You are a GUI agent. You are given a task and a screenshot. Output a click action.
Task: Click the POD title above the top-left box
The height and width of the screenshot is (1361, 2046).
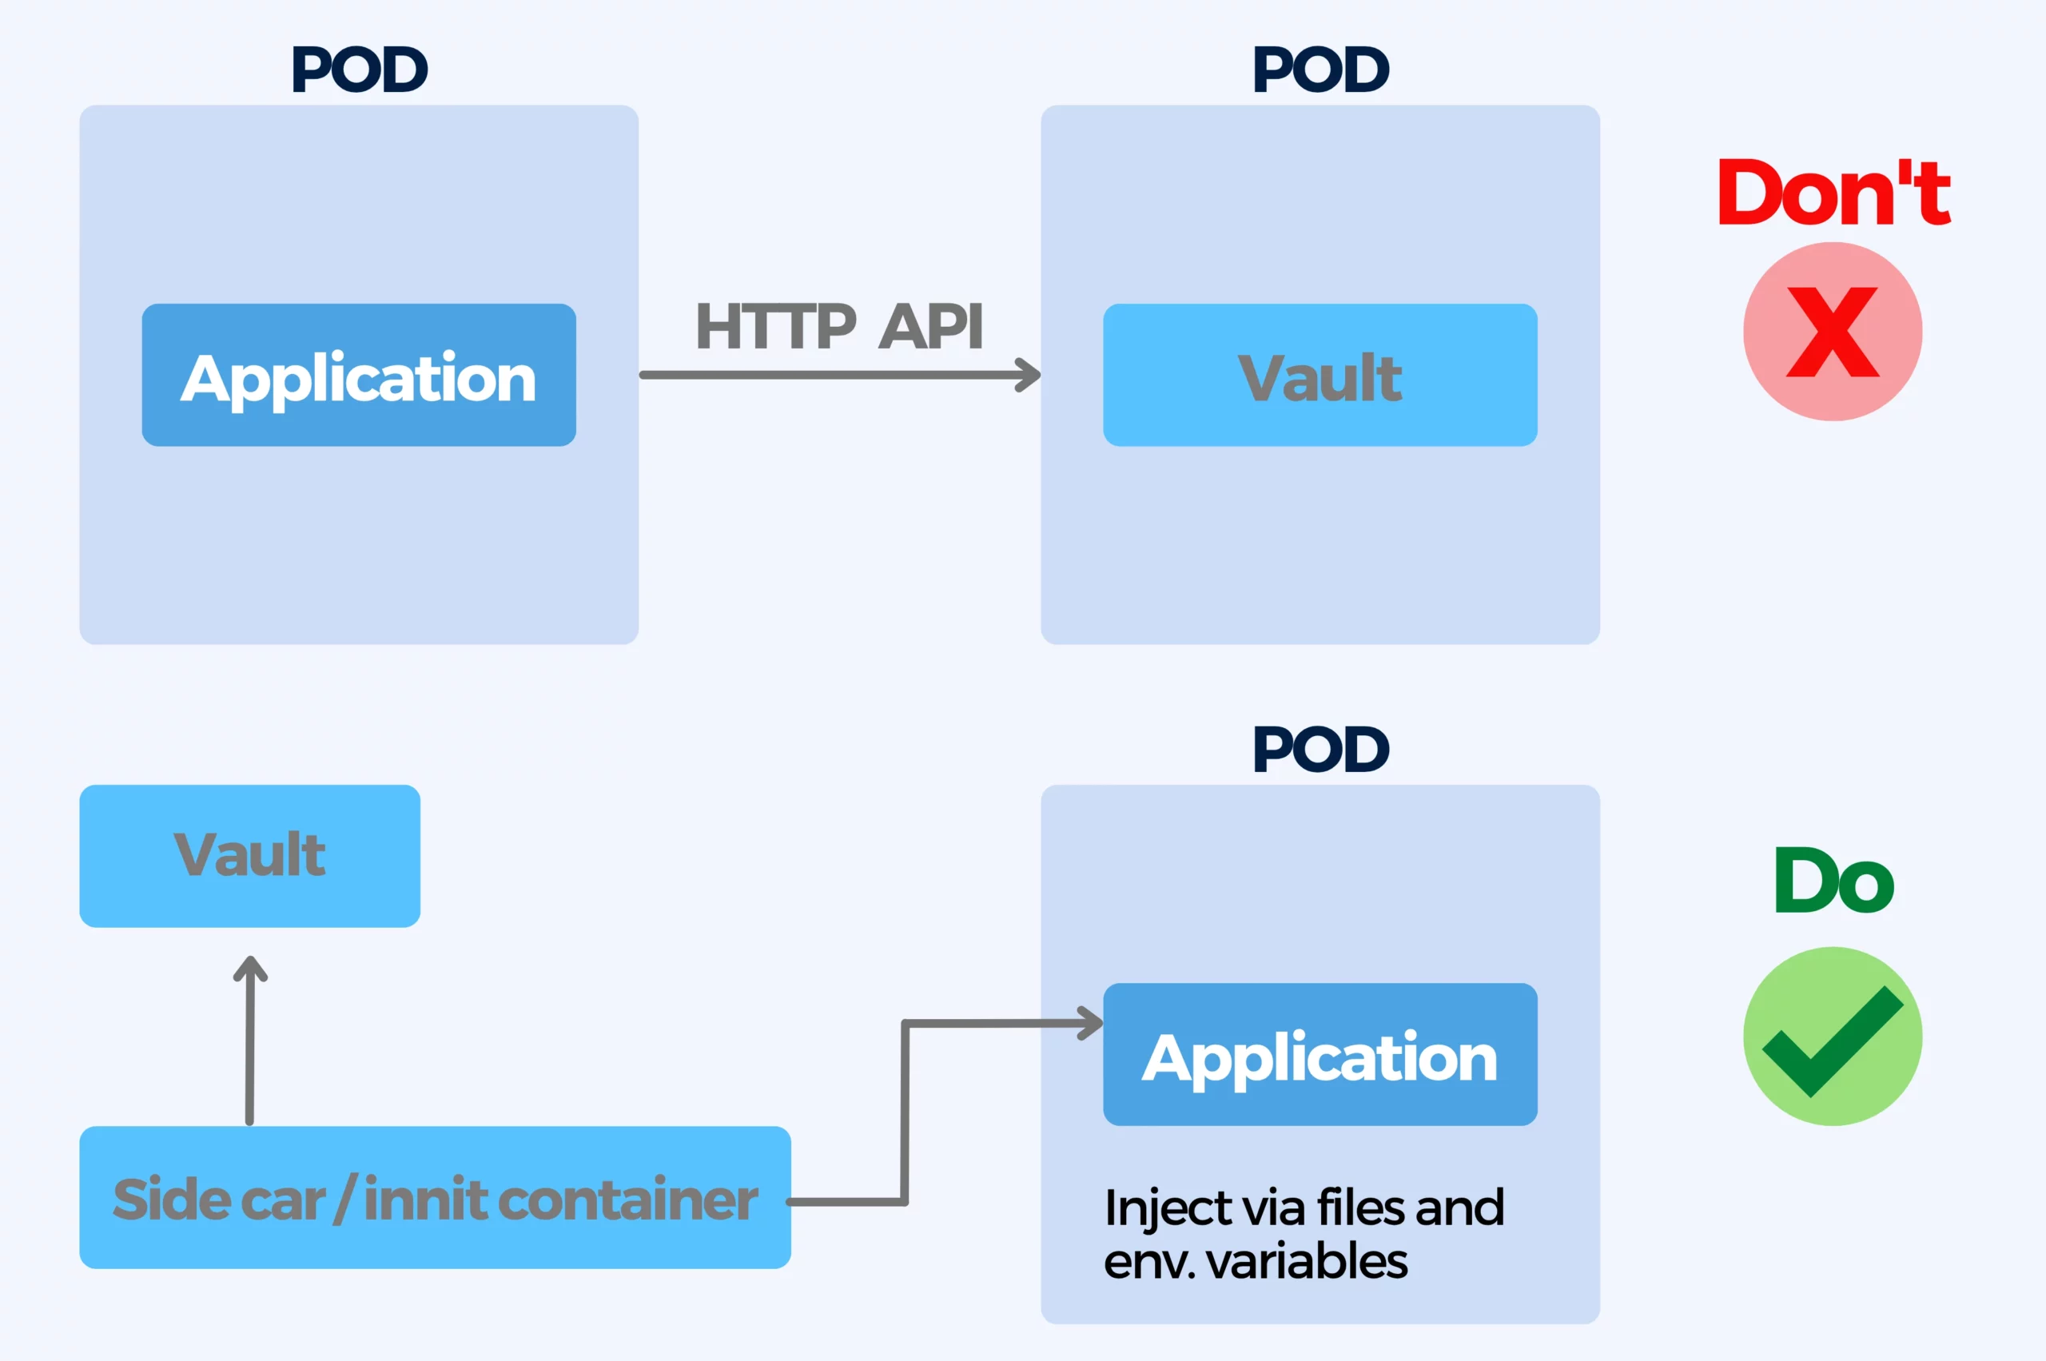[x=360, y=70]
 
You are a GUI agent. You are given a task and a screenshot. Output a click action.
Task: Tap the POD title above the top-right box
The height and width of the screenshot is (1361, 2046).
[x=1320, y=70]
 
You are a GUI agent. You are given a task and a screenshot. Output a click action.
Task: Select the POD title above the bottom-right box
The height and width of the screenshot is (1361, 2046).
[x=1320, y=749]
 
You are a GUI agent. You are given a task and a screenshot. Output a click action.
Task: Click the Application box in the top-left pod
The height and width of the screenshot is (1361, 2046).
[x=359, y=375]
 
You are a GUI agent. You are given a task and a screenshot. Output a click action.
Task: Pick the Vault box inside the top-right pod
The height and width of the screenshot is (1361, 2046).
[x=1320, y=375]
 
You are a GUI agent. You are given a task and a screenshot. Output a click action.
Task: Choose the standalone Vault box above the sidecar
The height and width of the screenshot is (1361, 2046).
[x=250, y=856]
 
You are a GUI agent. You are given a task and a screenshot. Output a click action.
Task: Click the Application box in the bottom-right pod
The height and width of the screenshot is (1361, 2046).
[x=1320, y=1055]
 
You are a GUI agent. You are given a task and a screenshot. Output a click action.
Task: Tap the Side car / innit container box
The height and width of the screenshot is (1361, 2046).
[x=435, y=1198]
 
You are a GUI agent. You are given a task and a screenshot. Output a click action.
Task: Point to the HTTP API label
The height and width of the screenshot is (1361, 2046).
[x=839, y=326]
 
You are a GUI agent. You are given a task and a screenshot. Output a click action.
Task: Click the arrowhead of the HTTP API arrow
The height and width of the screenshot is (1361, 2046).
[x=1030, y=375]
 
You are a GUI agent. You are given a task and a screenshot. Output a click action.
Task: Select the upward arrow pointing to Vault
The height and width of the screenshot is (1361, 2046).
[x=250, y=1041]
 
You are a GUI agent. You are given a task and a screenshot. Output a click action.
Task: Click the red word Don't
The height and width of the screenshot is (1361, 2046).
[x=1833, y=192]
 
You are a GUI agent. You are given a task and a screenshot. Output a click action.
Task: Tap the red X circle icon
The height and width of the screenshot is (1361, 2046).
[x=1833, y=332]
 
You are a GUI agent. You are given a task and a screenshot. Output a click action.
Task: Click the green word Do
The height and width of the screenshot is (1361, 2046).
[x=1833, y=880]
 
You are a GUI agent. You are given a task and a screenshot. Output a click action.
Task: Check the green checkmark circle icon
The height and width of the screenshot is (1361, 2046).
[x=1833, y=1037]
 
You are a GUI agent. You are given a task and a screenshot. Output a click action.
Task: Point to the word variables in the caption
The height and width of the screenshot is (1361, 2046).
[x=1308, y=1261]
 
